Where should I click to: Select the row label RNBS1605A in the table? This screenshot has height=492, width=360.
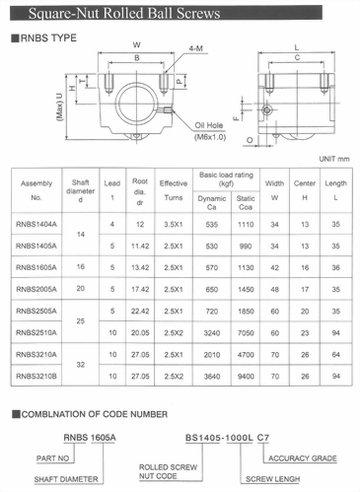36,266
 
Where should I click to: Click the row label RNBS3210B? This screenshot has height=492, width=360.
36,376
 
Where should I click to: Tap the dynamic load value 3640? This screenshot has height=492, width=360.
209,376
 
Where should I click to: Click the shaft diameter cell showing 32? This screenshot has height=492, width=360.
82,365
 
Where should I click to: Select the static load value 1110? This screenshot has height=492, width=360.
248,224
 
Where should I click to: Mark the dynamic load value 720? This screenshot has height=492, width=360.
209,311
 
